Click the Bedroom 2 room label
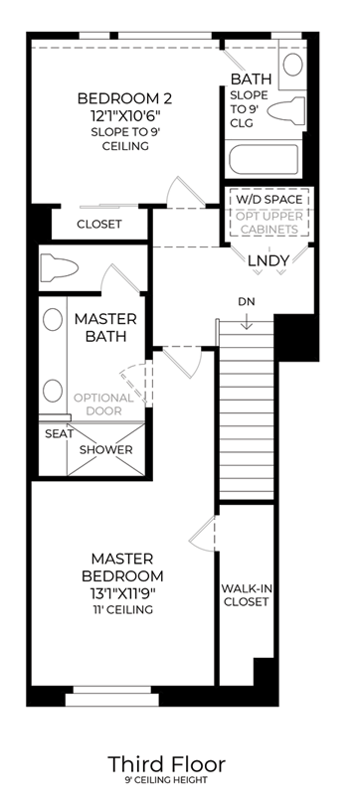(x=124, y=97)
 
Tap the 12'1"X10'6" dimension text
(x=124, y=114)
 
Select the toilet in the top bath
(x=286, y=109)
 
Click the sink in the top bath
(x=292, y=64)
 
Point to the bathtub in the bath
(x=264, y=160)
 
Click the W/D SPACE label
(x=269, y=199)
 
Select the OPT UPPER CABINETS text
(x=269, y=223)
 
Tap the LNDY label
(x=268, y=260)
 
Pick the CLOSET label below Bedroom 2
(x=99, y=225)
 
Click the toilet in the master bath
(x=59, y=267)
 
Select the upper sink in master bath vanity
(x=53, y=320)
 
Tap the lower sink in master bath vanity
(x=53, y=391)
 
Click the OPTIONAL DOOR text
(x=103, y=405)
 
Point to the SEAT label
(x=59, y=434)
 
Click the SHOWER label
(x=105, y=450)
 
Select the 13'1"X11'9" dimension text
(x=122, y=593)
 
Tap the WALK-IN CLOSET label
(x=247, y=595)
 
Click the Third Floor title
(x=166, y=764)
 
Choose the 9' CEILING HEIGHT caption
(x=166, y=780)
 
